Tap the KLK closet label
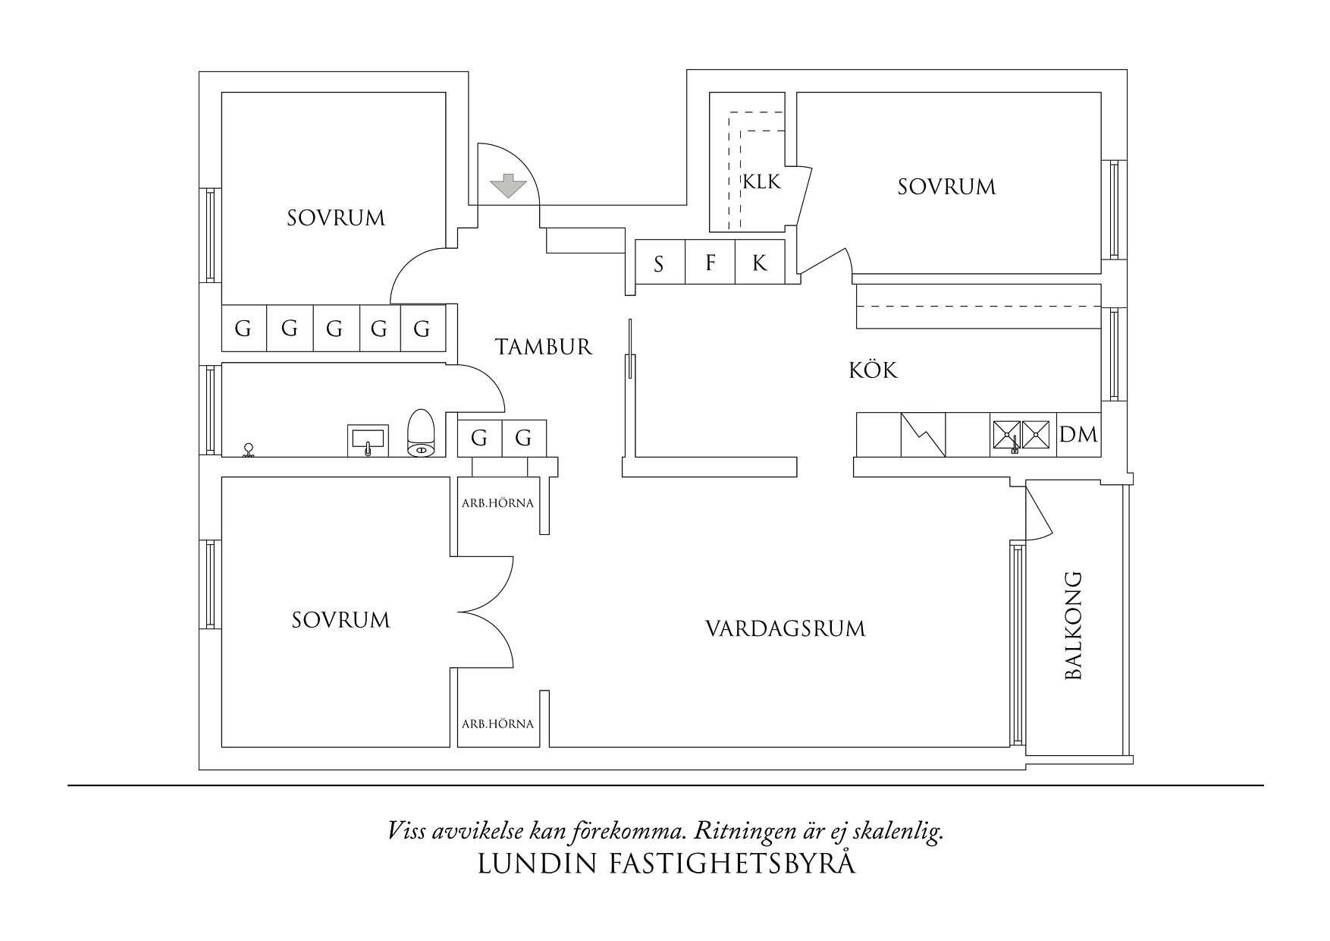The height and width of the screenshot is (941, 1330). coord(761,182)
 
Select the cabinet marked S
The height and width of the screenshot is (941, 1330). coord(659,263)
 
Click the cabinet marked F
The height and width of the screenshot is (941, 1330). coord(710,263)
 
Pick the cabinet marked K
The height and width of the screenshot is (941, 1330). coord(759,263)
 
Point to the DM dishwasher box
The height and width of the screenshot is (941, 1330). coord(1078,435)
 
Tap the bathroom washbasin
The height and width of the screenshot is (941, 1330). coord(369,440)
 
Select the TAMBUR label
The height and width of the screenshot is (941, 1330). coord(543,348)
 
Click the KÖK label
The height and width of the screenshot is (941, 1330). coord(873,370)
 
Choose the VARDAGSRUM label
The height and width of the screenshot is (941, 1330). coord(785,629)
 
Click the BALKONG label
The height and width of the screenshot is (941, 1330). coord(1073,625)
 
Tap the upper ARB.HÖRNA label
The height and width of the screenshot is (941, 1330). coord(497,503)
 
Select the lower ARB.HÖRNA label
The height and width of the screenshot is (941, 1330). coord(497,724)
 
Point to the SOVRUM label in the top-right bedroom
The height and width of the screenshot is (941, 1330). coord(946,187)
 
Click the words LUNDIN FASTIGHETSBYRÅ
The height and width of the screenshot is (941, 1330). coord(667,864)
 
